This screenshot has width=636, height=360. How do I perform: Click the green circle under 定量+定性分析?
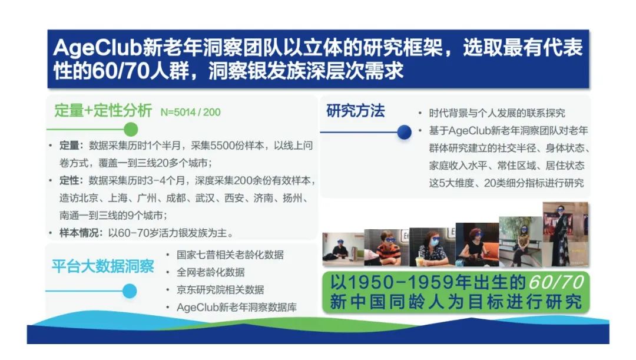(131, 130)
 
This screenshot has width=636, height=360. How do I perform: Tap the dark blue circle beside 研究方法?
(404, 132)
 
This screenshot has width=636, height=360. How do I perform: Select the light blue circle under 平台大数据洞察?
(130, 291)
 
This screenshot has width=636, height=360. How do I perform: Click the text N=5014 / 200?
(191, 112)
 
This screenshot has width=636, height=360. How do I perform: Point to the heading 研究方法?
(355, 111)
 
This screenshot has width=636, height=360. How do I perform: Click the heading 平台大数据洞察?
(102, 266)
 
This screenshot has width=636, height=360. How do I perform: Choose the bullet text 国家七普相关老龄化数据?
(230, 255)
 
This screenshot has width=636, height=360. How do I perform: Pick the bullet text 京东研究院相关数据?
(220, 290)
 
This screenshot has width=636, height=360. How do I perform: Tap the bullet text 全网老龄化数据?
(210, 272)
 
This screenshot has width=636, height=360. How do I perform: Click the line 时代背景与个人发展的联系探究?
(497, 113)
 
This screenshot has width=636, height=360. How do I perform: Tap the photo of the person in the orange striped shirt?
(386, 247)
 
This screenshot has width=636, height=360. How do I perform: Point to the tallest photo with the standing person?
(565, 234)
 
